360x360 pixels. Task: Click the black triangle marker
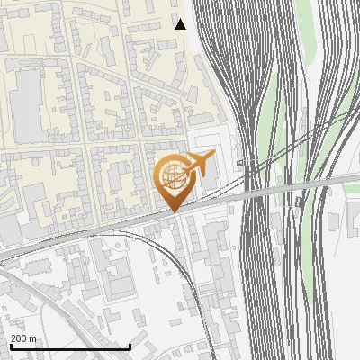(x=181, y=24)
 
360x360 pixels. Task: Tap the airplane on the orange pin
(x=198, y=165)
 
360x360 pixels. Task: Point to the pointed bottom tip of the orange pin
(x=174, y=211)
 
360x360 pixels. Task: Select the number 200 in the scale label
(x=20, y=338)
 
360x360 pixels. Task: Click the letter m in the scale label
(x=33, y=338)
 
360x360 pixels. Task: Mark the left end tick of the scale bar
(x=10, y=346)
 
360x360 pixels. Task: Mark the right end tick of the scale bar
(x=130, y=346)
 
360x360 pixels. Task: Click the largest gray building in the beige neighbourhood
(x=27, y=95)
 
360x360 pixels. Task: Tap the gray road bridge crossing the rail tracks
(x=270, y=189)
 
